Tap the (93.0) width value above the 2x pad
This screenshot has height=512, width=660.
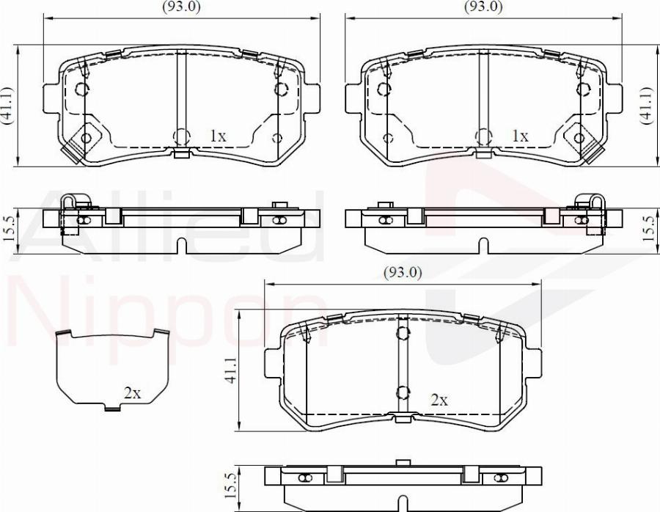[403, 272]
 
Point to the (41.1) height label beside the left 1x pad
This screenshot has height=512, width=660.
[8, 107]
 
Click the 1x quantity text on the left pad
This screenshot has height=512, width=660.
[218, 136]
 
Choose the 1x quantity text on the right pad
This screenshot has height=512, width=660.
[520, 136]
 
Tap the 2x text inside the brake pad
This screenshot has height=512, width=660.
[439, 400]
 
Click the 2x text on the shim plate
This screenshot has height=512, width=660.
[132, 393]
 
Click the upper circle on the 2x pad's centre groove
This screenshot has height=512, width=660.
[402, 334]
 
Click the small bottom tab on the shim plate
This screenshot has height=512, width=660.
[111, 408]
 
